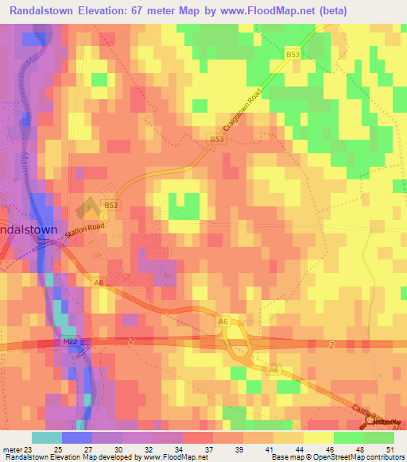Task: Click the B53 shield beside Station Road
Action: (x=110, y=206)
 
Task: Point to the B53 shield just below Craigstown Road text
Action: (x=216, y=139)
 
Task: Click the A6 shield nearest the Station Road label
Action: (x=99, y=282)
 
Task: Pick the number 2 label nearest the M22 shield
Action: (x=130, y=341)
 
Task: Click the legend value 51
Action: (x=390, y=449)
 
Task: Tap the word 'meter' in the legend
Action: (x=11, y=449)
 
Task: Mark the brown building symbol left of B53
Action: (x=86, y=208)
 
